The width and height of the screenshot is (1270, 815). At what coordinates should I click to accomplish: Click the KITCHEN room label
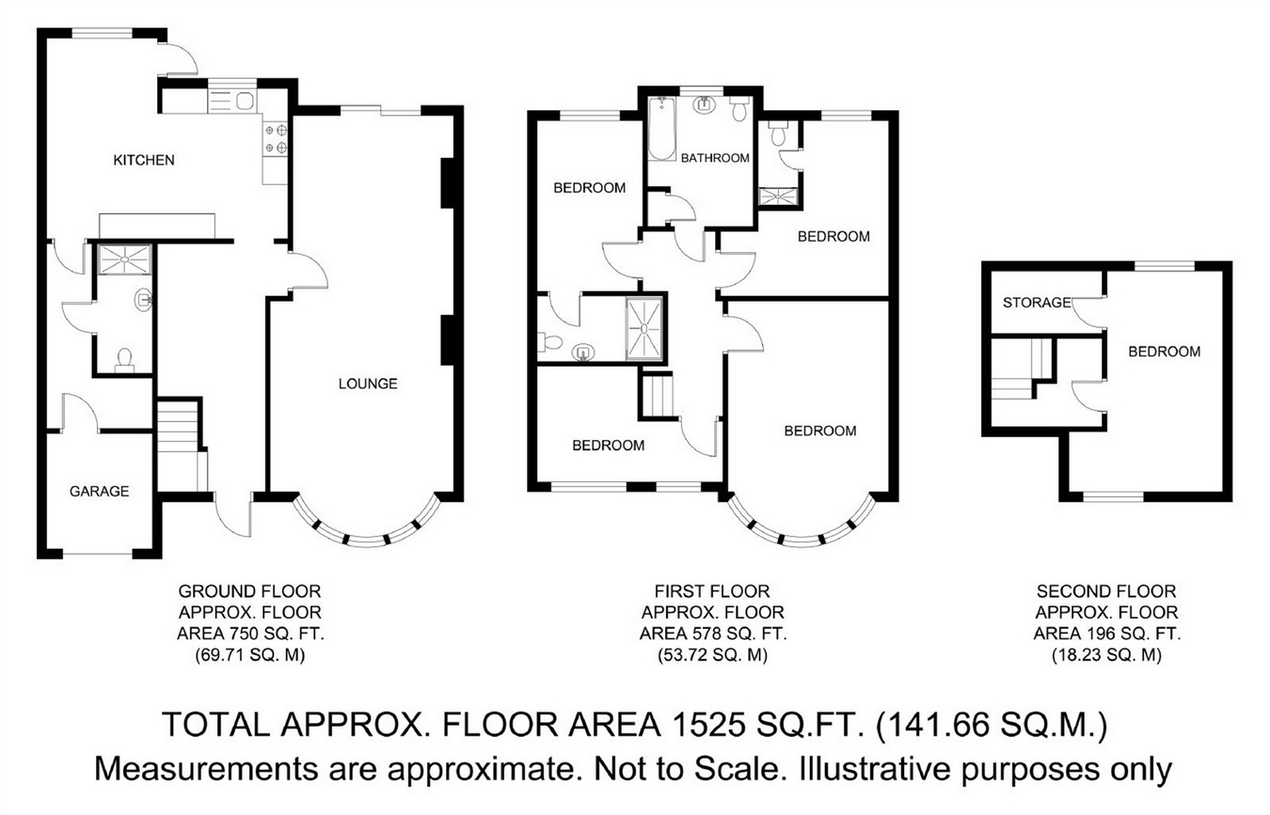144,161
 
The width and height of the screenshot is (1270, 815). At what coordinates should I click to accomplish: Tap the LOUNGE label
368,384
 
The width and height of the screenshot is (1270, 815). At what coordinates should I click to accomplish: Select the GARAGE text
99,491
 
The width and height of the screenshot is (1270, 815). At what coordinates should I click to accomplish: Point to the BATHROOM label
715,158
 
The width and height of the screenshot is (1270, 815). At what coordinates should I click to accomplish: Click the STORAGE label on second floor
1037,303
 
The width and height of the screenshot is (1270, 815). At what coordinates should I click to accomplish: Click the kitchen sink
232,102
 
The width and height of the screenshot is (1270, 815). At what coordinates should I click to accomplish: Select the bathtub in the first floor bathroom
662,129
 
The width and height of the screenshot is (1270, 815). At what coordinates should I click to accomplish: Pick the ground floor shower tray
125,259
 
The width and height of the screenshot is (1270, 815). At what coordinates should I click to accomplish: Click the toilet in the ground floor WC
124,360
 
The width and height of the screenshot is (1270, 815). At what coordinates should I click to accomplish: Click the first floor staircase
658,397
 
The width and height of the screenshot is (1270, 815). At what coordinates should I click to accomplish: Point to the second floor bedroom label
1165,352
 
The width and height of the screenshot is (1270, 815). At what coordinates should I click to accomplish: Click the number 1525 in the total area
707,725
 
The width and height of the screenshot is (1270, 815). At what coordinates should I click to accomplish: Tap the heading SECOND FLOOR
1106,591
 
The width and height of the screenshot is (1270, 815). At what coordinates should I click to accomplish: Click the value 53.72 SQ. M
713,655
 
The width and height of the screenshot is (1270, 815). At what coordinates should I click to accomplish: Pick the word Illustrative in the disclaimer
875,769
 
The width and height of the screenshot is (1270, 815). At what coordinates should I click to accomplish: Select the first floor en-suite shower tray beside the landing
644,329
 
